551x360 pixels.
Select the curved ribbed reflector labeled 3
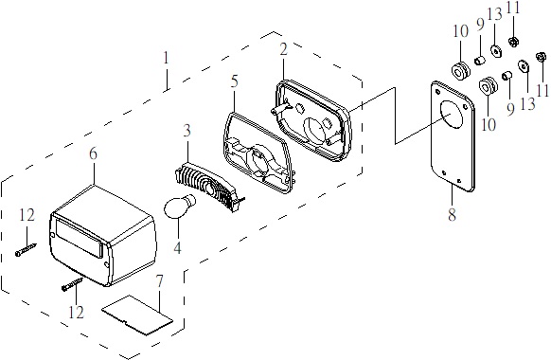coord(209,188)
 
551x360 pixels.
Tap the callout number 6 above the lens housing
coord(93,154)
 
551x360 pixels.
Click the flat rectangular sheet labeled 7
coord(137,315)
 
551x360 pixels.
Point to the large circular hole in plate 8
coord(452,115)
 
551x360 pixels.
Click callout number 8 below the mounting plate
coord(452,214)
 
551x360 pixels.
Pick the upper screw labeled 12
coord(27,249)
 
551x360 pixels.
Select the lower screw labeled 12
coord(72,284)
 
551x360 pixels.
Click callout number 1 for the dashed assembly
coord(167,58)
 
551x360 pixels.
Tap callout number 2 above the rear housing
coord(284,49)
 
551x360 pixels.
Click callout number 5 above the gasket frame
coord(235,81)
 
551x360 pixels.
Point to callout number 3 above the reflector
coord(187,131)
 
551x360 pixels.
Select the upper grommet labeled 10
coord(461,71)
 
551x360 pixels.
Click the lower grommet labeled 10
coord(489,86)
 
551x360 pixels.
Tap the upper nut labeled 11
coord(514,42)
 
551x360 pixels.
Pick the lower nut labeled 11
coord(542,56)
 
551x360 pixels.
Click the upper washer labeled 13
coord(496,51)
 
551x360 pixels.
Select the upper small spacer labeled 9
coord(480,61)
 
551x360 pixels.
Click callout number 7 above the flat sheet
coord(160,281)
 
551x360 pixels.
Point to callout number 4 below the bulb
coord(177,248)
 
